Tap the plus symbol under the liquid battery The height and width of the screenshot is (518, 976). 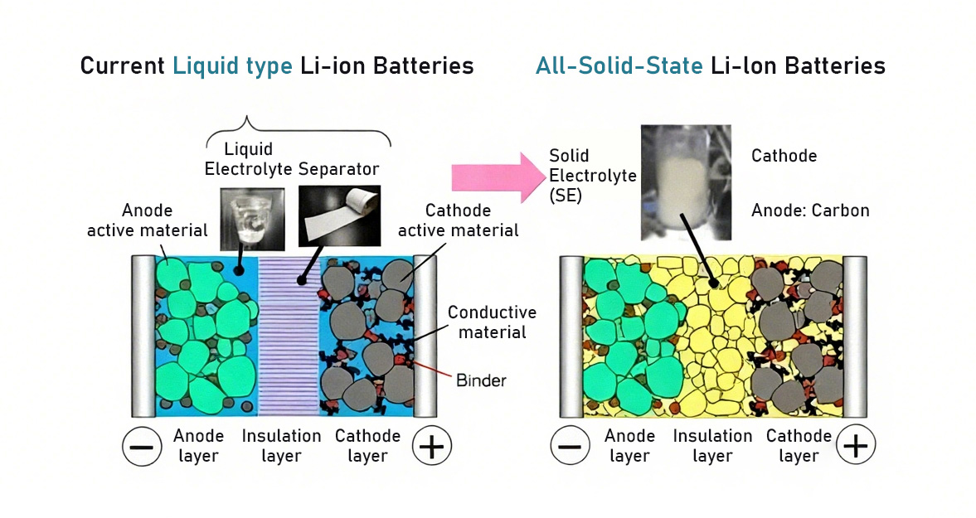(x=432, y=447)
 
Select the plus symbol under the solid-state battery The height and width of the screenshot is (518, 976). (x=856, y=447)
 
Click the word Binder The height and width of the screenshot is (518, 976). (x=481, y=381)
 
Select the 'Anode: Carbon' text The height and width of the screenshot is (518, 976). (x=810, y=211)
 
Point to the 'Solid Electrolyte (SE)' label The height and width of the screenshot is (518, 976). (x=580, y=176)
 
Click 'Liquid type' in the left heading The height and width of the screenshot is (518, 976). (x=232, y=66)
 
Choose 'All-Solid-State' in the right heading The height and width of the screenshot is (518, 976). (x=619, y=66)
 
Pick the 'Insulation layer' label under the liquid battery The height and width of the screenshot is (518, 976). (x=281, y=446)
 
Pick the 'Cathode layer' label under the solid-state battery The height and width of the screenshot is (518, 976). (x=799, y=446)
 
